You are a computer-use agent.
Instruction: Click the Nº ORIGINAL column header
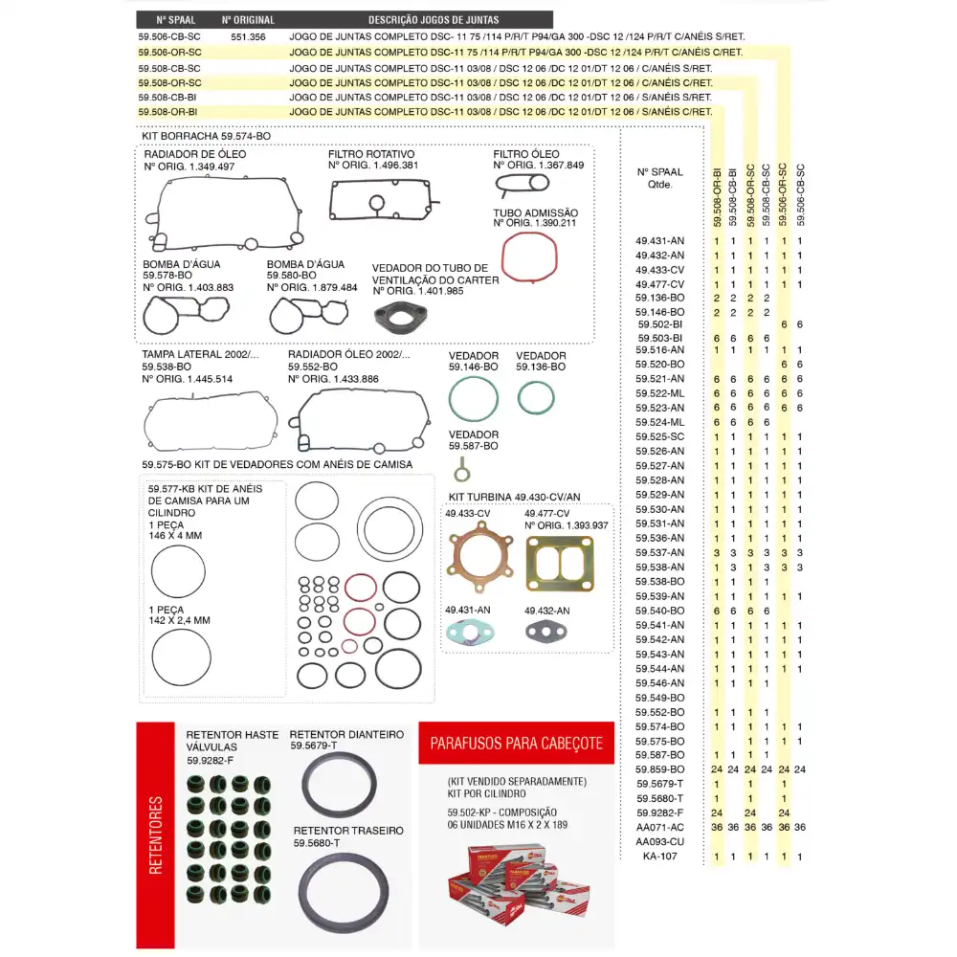pyautogui.click(x=248, y=19)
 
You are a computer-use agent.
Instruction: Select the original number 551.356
pyautogui.click(x=248, y=35)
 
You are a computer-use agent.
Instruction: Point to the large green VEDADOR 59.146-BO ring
pyautogui.click(x=474, y=398)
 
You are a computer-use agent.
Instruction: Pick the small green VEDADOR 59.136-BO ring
pyautogui.click(x=536, y=398)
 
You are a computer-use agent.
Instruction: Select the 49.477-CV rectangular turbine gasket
pyautogui.click(x=560, y=559)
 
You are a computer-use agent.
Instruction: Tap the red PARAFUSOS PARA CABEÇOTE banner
pyautogui.click(x=516, y=743)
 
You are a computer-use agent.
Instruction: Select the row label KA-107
pyautogui.click(x=660, y=857)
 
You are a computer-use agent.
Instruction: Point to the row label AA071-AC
pyautogui.click(x=660, y=827)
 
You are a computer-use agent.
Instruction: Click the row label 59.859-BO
pyautogui.click(x=660, y=769)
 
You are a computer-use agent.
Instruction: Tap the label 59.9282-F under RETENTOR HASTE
pyautogui.click(x=210, y=761)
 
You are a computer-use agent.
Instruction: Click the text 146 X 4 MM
pyautogui.click(x=175, y=536)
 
